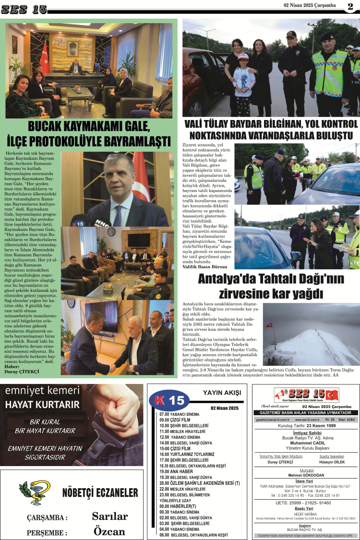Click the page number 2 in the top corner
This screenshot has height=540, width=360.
coord(350,6)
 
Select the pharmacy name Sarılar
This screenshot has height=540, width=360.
coord(110,516)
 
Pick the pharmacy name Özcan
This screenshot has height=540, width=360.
coord(109,531)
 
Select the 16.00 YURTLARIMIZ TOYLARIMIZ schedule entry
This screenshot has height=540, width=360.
coord(187,454)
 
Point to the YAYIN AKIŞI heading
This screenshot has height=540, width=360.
coord(222,393)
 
